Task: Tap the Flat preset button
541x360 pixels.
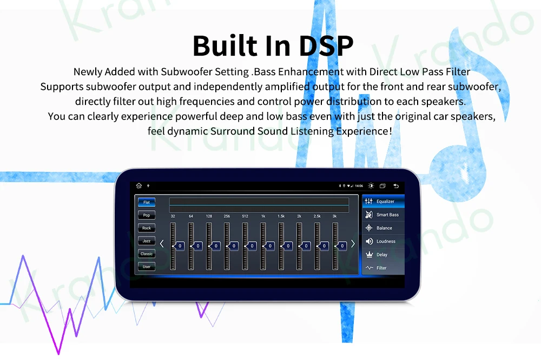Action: pyautogui.click(x=147, y=202)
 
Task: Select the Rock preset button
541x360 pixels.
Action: pyautogui.click(x=147, y=228)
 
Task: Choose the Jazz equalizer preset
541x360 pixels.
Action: pyautogui.click(x=147, y=241)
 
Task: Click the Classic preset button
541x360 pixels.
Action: pyautogui.click(x=147, y=254)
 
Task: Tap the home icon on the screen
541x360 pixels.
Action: pyautogui.click(x=139, y=186)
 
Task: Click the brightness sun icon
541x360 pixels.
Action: pyautogui.click(x=371, y=186)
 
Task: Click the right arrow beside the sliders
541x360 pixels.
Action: pyautogui.click(x=353, y=244)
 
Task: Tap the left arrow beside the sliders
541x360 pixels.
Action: pyautogui.click(x=161, y=244)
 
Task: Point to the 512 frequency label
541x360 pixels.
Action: pyautogui.click(x=245, y=216)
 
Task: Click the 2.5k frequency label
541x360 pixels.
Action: pyautogui.click(x=317, y=216)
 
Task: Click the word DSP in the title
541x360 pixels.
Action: pyautogui.click(x=322, y=46)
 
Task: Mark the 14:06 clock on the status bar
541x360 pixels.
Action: pyautogui.click(x=359, y=186)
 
